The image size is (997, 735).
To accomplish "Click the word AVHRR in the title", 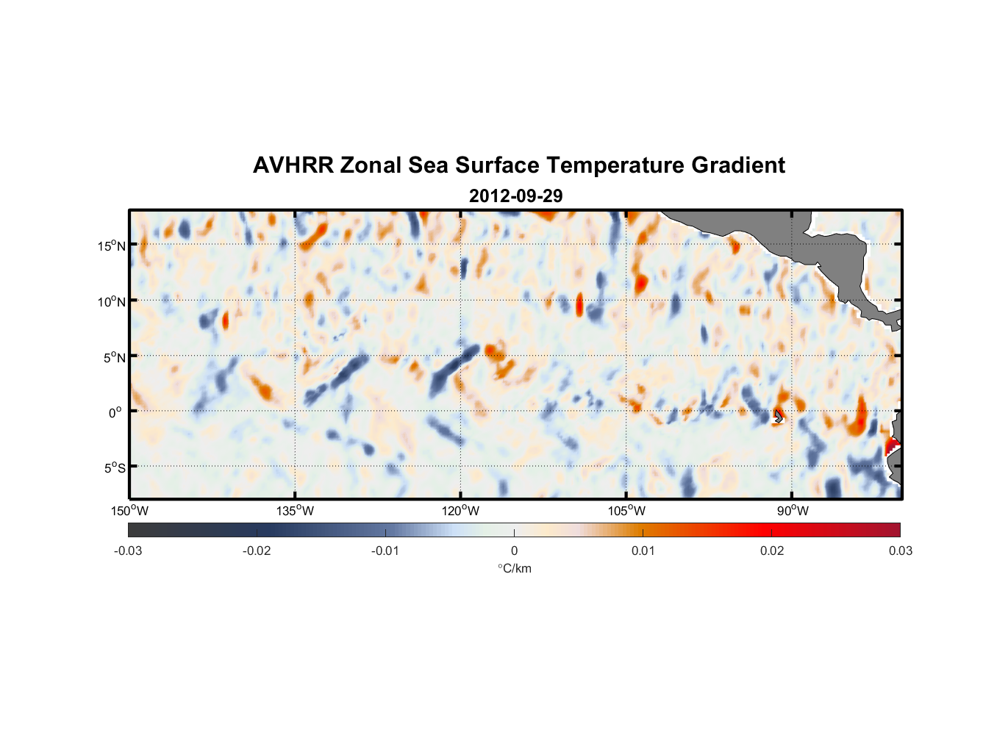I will pyautogui.click(x=293, y=165).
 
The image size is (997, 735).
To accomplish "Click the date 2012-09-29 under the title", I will pyautogui.click(x=515, y=196).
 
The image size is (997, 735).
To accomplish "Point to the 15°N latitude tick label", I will pyautogui.click(x=111, y=245).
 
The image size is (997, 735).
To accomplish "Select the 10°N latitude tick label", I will pyautogui.click(x=111, y=301).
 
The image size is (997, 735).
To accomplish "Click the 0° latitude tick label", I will pyautogui.click(x=115, y=412).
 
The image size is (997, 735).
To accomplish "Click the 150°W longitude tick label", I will pyautogui.click(x=130, y=512).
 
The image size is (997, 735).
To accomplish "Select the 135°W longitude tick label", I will pyautogui.click(x=296, y=512).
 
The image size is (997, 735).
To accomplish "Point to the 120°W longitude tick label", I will pyautogui.click(x=461, y=512).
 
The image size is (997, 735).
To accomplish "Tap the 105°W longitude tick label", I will pyautogui.click(x=626, y=512).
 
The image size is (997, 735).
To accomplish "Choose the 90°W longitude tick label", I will pyautogui.click(x=793, y=512).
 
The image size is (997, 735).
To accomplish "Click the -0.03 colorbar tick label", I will pyautogui.click(x=128, y=551).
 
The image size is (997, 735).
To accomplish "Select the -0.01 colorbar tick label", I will pyautogui.click(x=385, y=551).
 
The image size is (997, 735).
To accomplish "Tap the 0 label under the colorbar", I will pyautogui.click(x=514, y=551).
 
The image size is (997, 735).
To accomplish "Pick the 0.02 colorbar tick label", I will pyautogui.click(x=772, y=551).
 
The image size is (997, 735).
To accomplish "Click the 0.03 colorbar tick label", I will pyautogui.click(x=900, y=551).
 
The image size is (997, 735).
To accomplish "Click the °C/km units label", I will pyautogui.click(x=514, y=568).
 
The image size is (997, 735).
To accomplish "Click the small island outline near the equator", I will pyautogui.click(x=779, y=416).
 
